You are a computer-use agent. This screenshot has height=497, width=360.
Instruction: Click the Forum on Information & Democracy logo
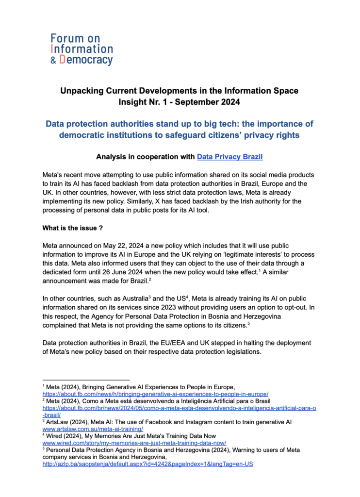(x=82, y=49)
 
